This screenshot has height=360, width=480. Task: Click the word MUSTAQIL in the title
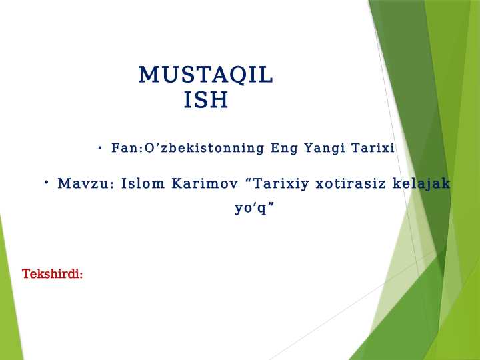click(205, 75)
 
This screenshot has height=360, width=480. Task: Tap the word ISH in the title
click(206, 101)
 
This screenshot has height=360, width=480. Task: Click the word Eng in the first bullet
click(285, 148)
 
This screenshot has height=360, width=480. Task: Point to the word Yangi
click(325, 148)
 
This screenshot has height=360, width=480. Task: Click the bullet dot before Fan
click(99, 148)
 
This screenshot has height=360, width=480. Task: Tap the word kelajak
click(421, 183)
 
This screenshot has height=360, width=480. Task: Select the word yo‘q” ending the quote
click(254, 208)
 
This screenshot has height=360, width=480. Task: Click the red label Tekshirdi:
click(52, 274)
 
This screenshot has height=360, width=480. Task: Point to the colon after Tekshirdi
click(81, 275)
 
